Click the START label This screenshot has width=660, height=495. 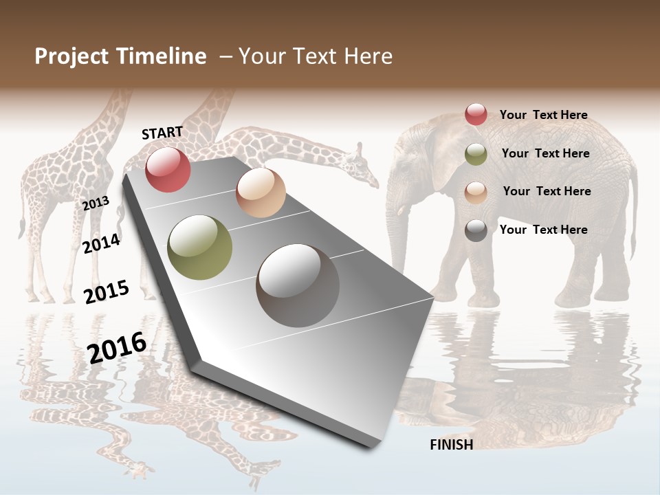click(x=162, y=133)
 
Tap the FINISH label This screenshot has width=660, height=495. click(x=452, y=445)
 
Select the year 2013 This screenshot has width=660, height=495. click(x=96, y=203)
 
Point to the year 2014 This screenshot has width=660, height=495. click(x=102, y=243)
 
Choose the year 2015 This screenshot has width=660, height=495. click(x=107, y=292)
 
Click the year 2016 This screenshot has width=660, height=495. click(x=118, y=347)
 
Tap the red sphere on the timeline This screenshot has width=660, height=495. click(x=168, y=169)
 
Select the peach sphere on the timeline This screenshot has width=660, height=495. click(x=261, y=192)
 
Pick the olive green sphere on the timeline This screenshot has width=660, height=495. click(x=200, y=247)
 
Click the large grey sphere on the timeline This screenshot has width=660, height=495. click(x=298, y=285)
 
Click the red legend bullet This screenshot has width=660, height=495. click(x=476, y=114)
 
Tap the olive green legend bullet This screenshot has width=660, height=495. click(x=476, y=155)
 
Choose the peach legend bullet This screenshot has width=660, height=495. click(x=476, y=192)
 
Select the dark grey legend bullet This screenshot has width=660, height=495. click(x=476, y=230)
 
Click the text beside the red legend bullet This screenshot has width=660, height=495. click(x=543, y=115)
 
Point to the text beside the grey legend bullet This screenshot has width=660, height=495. click(x=543, y=230)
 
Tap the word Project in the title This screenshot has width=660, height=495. click(x=72, y=56)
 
